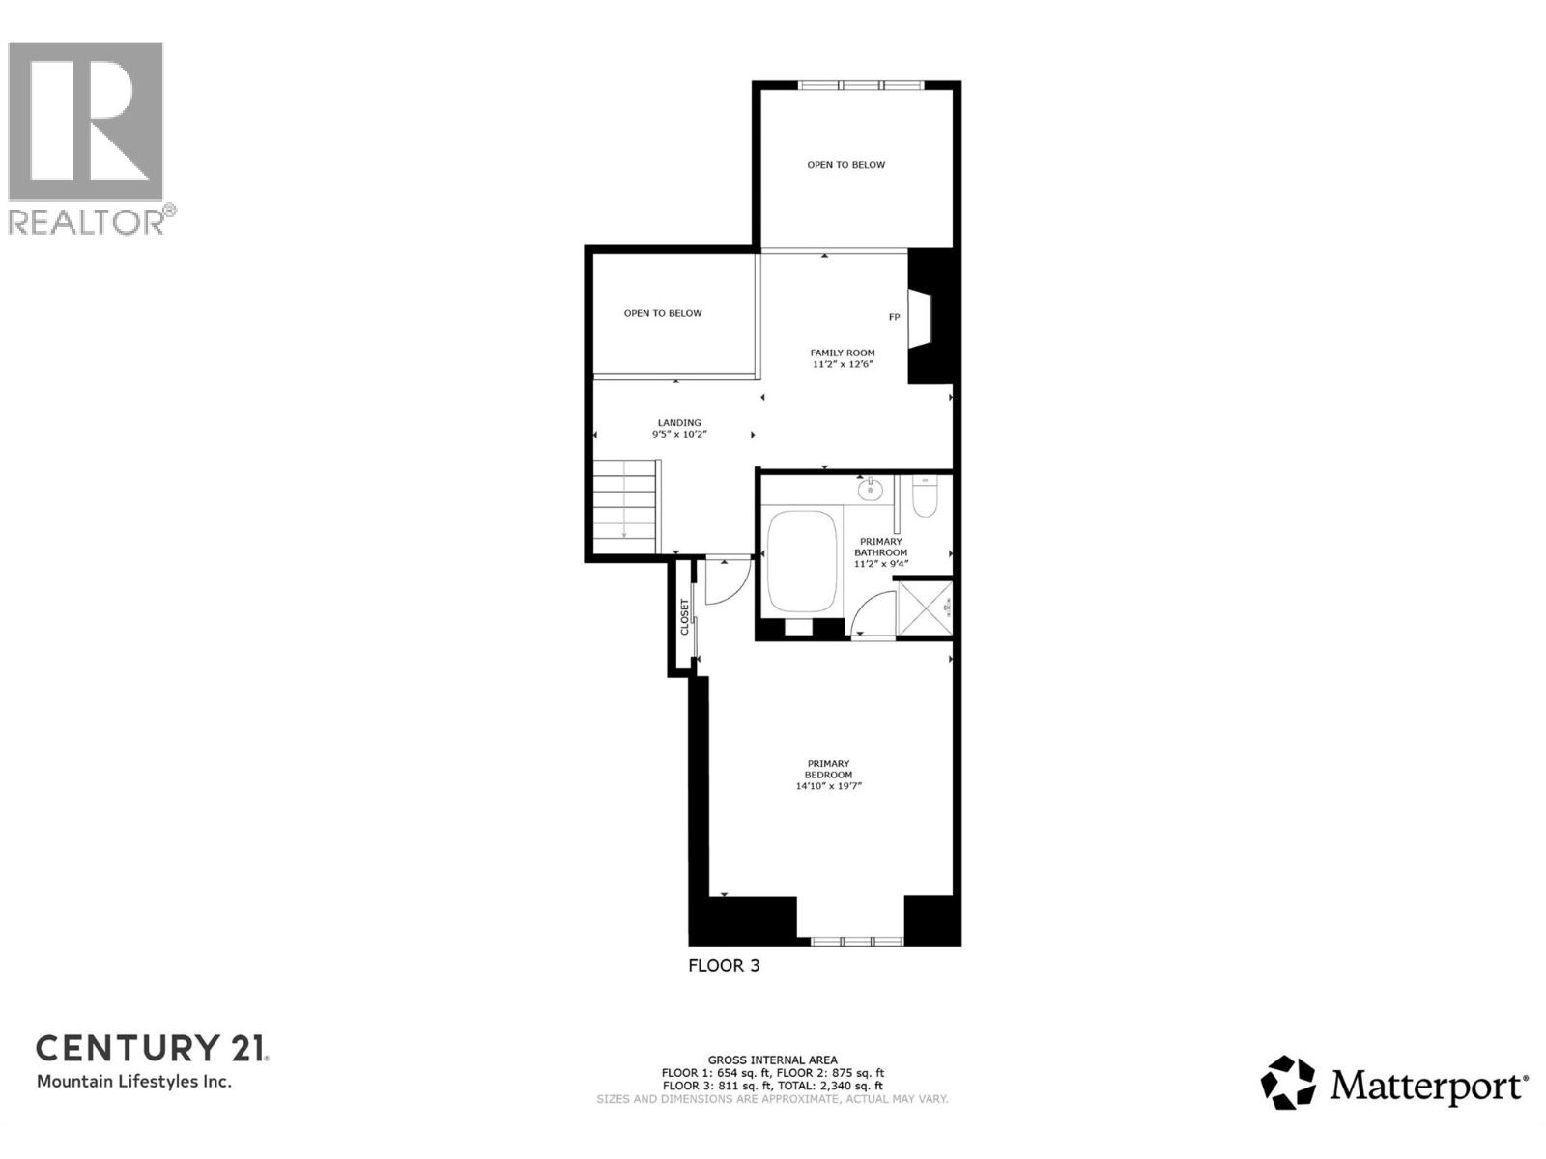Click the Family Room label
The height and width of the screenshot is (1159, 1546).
(x=843, y=353)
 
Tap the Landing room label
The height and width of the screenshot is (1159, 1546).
(x=679, y=423)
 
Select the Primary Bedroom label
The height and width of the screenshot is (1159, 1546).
(x=828, y=769)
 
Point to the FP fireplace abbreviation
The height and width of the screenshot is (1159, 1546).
(x=894, y=317)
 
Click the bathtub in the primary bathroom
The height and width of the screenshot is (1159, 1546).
(x=800, y=562)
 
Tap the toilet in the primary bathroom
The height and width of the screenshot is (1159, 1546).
(x=924, y=496)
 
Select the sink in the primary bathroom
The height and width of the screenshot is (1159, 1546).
(x=869, y=489)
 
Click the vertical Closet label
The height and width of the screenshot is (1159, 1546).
(x=685, y=617)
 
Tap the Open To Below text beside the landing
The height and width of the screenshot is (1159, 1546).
(x=663, y=313)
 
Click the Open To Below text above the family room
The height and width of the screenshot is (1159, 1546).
(x=845, y=165)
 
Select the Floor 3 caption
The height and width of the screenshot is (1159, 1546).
(x=724, y=965)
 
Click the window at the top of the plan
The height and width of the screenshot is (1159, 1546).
(x=861, y=85)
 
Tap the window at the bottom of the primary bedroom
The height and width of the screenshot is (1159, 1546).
(x=856, y=941)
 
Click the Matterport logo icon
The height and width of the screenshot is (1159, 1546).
(x=1288, y=1083)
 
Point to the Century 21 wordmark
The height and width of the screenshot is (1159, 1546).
(x=152, y=1048)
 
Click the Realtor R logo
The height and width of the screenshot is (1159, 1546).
(x=86, y=123)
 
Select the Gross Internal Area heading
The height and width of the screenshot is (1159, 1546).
(x=772, y=1060)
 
